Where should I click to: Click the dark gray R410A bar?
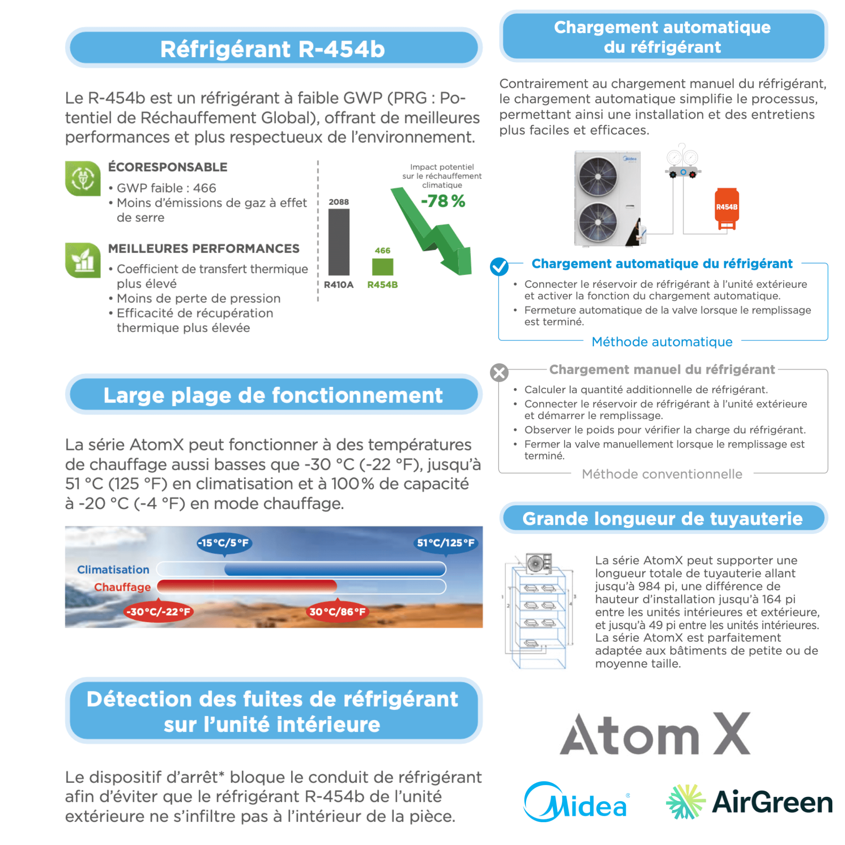(339, 242)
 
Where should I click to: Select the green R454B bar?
(382, 267)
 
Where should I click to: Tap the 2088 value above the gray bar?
(339, 202)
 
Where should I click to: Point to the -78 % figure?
(443, 201)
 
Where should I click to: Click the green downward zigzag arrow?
(433, 232)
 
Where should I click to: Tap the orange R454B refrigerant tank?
(726, 209)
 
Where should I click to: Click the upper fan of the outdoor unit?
(597, 176)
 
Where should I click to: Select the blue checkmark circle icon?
(499, 266)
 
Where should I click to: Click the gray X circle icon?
(499, 373)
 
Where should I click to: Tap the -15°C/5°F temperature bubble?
(224, 543)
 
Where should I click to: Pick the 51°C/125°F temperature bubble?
(445, 543)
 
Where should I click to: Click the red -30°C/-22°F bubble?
(158, 611)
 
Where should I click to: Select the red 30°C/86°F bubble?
(337, 611)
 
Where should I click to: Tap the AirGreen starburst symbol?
(685, 801)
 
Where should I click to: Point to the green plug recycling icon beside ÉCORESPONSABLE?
(83, 178)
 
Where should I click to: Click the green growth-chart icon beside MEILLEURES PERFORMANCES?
(83, 260)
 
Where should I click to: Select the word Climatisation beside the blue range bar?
(113, 570)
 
